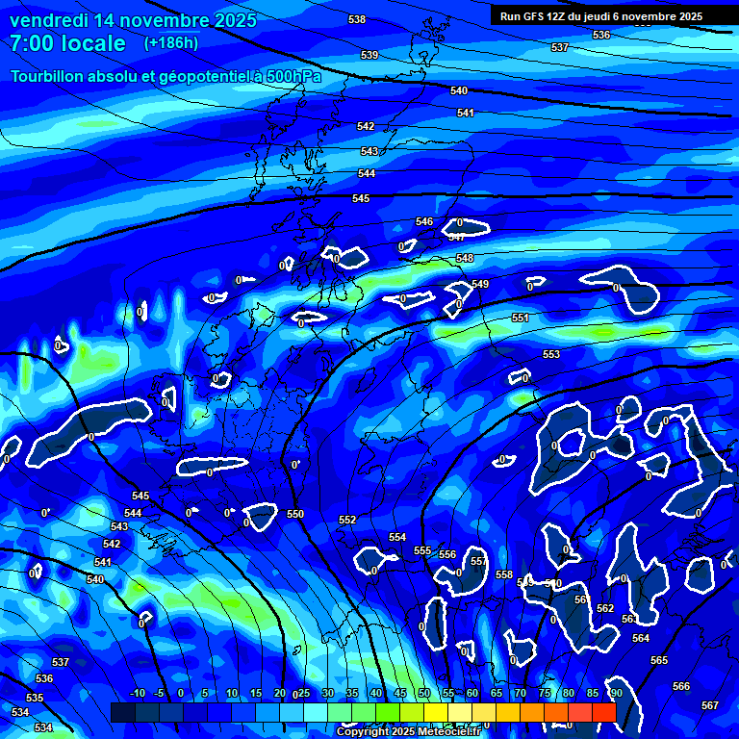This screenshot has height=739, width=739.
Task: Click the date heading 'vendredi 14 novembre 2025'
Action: click(133, 19)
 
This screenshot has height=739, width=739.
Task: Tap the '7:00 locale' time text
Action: click(67, 43)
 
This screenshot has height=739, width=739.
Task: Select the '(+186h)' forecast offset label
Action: click(171, 43)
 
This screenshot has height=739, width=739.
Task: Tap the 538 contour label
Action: click(357, 19)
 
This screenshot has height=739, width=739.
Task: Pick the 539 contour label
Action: click(369, 55)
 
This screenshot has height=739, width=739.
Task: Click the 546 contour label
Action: click(424, 221)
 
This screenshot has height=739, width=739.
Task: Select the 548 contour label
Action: click(465, 258)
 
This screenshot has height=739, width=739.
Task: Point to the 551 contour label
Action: click(521, 318)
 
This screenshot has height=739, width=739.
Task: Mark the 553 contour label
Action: click(551, 354)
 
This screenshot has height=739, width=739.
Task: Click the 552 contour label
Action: click(347, 520)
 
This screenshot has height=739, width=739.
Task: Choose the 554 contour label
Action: click(397, 537)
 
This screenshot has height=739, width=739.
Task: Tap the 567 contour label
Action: click(710, 705)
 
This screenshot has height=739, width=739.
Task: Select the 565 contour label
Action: click(659, 660)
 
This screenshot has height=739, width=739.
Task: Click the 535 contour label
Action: click(35, 698)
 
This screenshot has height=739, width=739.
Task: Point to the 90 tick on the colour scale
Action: click(616, 693)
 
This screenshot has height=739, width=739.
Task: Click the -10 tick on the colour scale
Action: click(138, 693)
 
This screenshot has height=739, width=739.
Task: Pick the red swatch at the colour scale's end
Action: click(603, 712)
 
